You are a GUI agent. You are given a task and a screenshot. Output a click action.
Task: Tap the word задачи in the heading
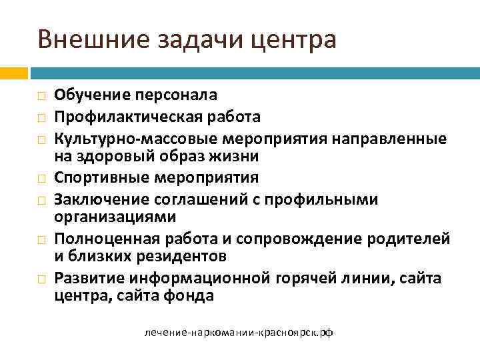tap(183, 40)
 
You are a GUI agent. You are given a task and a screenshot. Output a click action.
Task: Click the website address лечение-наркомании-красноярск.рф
tap(239, 331)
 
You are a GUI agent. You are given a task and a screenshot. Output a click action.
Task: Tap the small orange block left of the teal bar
tap(14, 72)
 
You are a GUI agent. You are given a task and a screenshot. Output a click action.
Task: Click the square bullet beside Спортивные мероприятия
tap(41, 179)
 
